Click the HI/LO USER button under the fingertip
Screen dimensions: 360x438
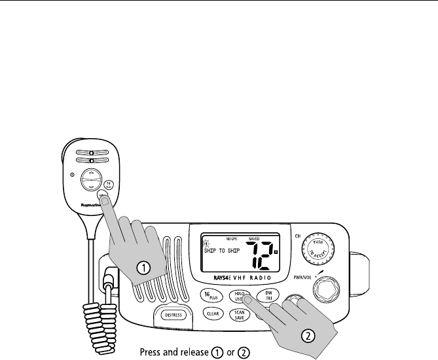tap(240, 295)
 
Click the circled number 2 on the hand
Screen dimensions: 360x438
tap(308, 336)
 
